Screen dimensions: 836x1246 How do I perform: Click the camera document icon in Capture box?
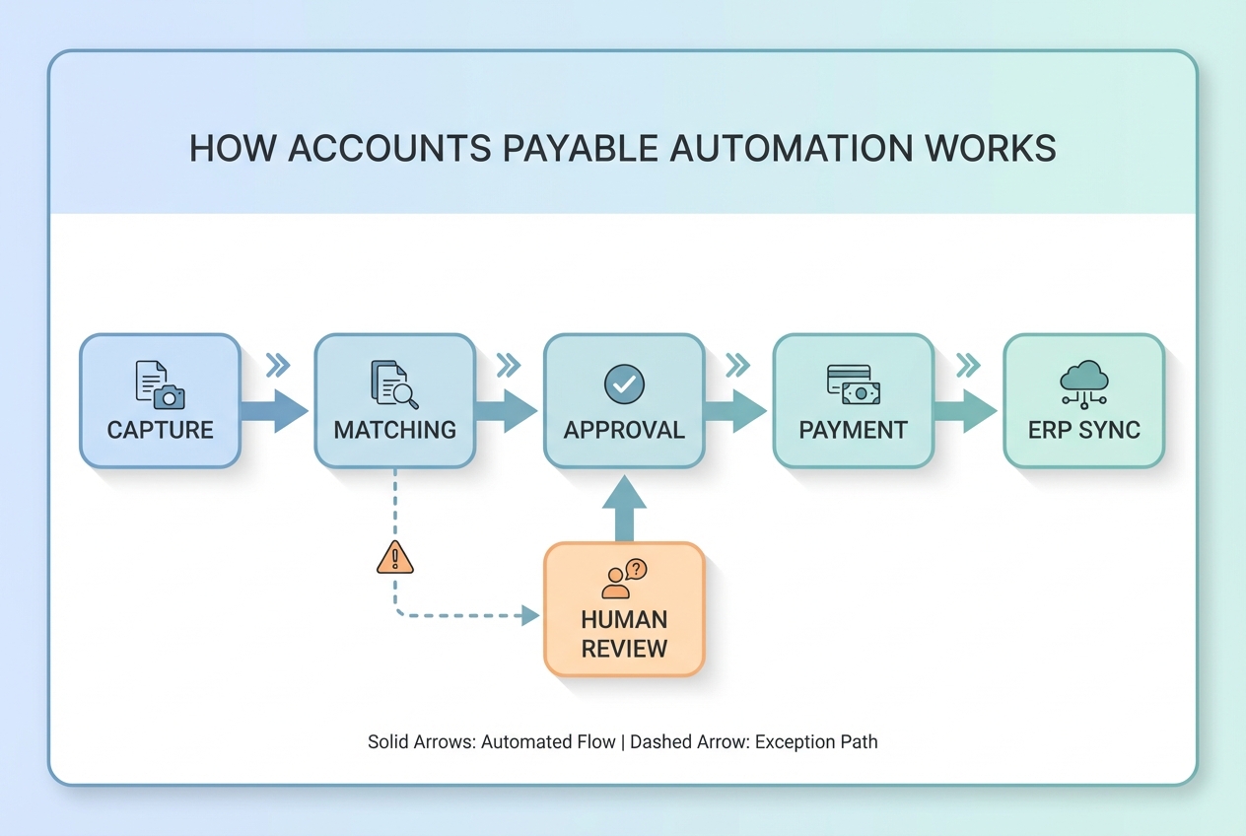coord(160,384)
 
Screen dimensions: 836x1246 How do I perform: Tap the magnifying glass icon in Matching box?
coord(394,384)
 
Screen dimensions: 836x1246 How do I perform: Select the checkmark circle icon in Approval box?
coord(624,383)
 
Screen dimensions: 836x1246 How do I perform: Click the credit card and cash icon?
coord(853,384)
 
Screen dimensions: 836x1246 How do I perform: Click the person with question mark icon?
coord(624,579)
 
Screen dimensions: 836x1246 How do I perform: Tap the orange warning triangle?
coord(395,558)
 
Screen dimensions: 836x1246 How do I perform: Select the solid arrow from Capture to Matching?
coord(276,411)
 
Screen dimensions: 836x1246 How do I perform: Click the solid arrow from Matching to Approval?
coord(507,411)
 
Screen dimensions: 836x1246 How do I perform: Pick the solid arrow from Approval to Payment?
coord(736,411)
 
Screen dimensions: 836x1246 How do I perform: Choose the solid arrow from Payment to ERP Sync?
coord(966,411)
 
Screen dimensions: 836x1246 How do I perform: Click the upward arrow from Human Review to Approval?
coord(624,509)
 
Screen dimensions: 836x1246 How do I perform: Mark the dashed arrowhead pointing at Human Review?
coord(530,616)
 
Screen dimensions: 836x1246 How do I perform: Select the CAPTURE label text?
coord(160,431)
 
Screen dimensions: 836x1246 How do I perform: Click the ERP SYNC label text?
coord(1083,431)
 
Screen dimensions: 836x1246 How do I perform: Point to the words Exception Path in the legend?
coord(816,741)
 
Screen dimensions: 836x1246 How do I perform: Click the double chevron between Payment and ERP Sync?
coord(968,366)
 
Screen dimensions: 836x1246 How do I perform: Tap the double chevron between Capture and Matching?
coord(278,366)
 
